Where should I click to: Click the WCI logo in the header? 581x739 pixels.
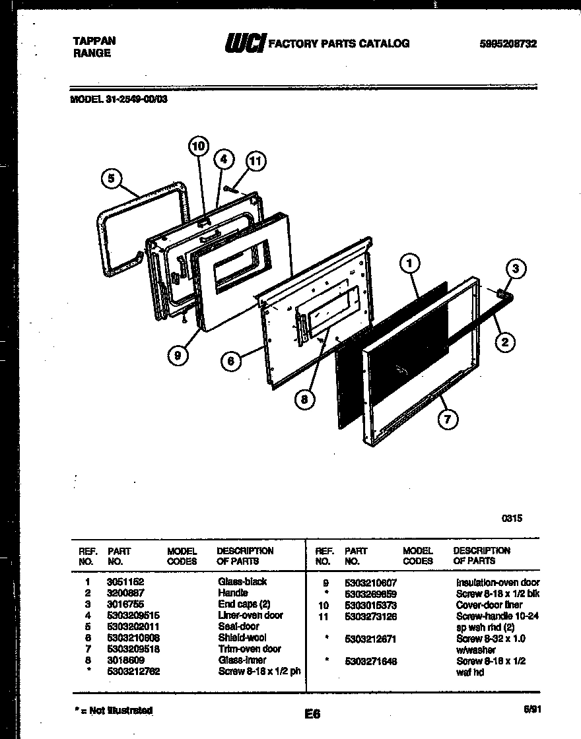(245, 44)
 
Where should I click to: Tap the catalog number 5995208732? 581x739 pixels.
(508, 44)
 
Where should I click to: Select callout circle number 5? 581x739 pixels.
(112, 178)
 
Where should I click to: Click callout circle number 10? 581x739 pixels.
(199, 146)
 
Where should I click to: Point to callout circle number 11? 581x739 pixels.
(256, 160)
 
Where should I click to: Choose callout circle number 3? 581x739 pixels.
(516, 269)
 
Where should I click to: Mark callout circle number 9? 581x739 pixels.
(178, 355)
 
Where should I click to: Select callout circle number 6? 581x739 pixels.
(231, 361)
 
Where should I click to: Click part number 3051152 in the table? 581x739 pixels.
(125, 582)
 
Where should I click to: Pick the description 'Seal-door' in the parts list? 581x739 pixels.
(238, 626)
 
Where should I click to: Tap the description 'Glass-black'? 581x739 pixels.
(242, 582)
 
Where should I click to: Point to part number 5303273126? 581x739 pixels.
(370, 616)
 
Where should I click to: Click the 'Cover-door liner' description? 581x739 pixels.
(489, 604)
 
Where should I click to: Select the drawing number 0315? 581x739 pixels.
(512, 519)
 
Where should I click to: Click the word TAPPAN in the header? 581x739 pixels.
(94, 41)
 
